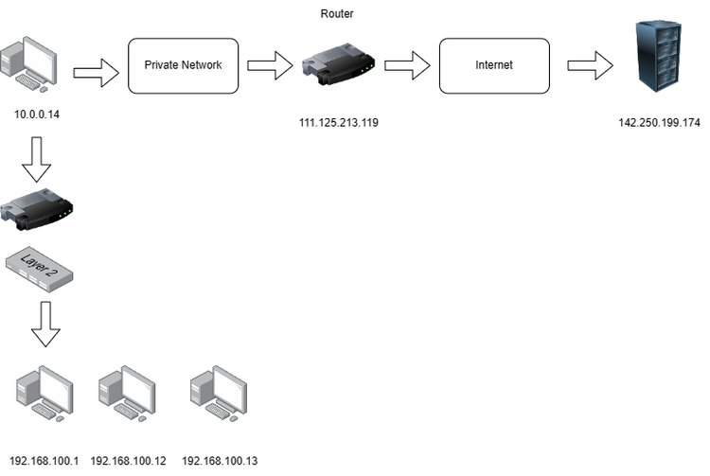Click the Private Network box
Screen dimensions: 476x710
[x=182, y=65]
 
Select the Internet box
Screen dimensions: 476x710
[x=493, y=65]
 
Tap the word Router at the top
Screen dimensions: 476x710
[x=337, y=14]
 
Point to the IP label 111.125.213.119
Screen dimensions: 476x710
[x=338, y=122]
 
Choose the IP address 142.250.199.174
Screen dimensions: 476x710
[x=658, y=122]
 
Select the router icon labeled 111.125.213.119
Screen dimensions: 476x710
[x=338, y=66]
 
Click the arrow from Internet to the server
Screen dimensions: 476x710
[x=589, y=66]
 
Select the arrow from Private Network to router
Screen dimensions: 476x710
[x=270, y=66]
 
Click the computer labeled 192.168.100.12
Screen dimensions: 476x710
[x=128, y=393]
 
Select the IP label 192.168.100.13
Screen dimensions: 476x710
[x=219, y=461]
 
